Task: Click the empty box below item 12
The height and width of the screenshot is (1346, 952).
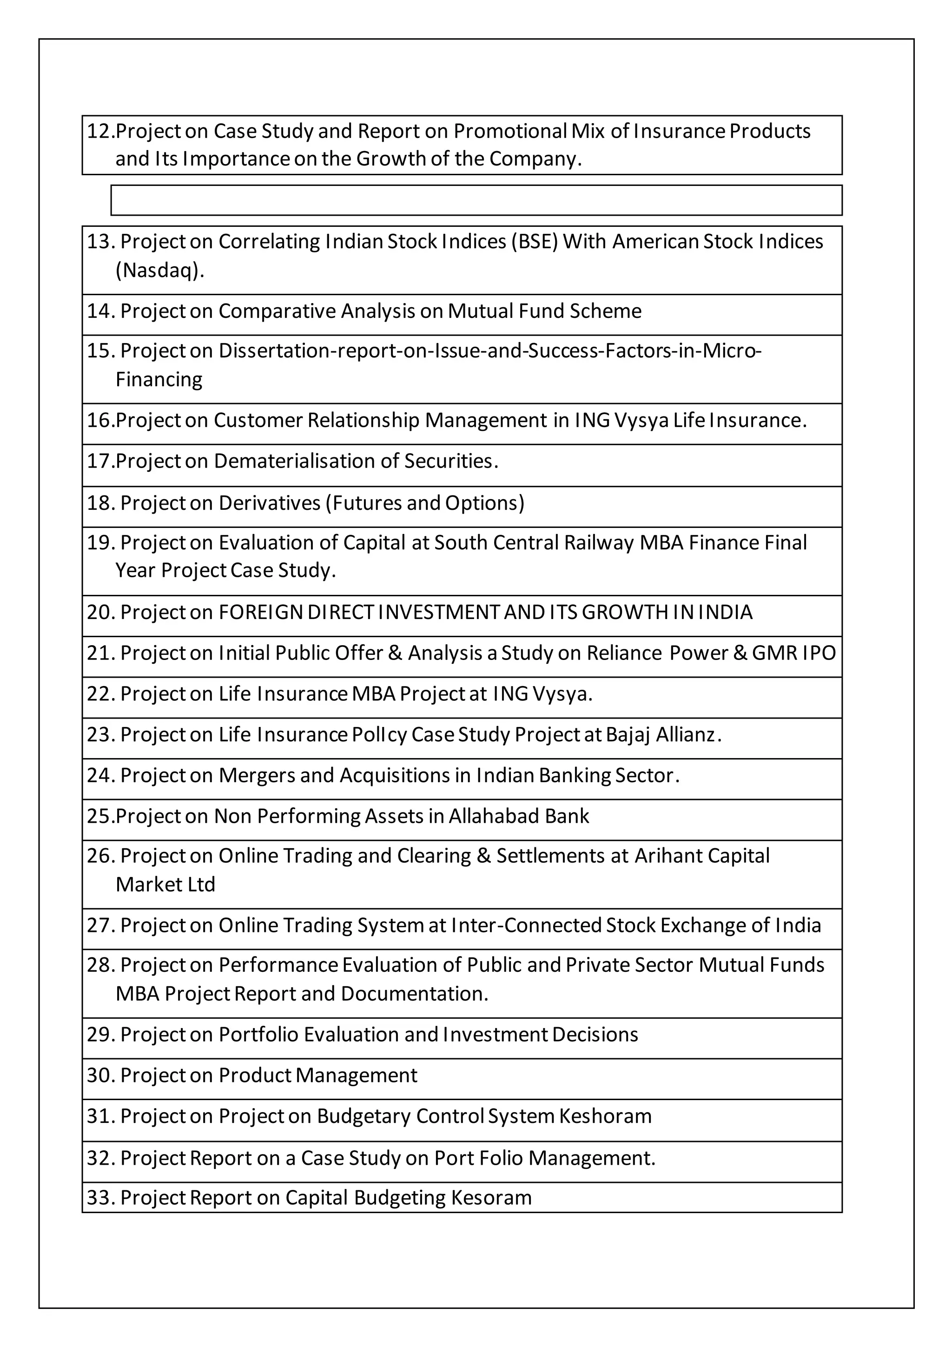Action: [476, 200]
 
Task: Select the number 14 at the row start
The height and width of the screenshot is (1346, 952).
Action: [99, 311]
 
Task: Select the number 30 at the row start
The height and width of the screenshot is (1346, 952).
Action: [99, 1075]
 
